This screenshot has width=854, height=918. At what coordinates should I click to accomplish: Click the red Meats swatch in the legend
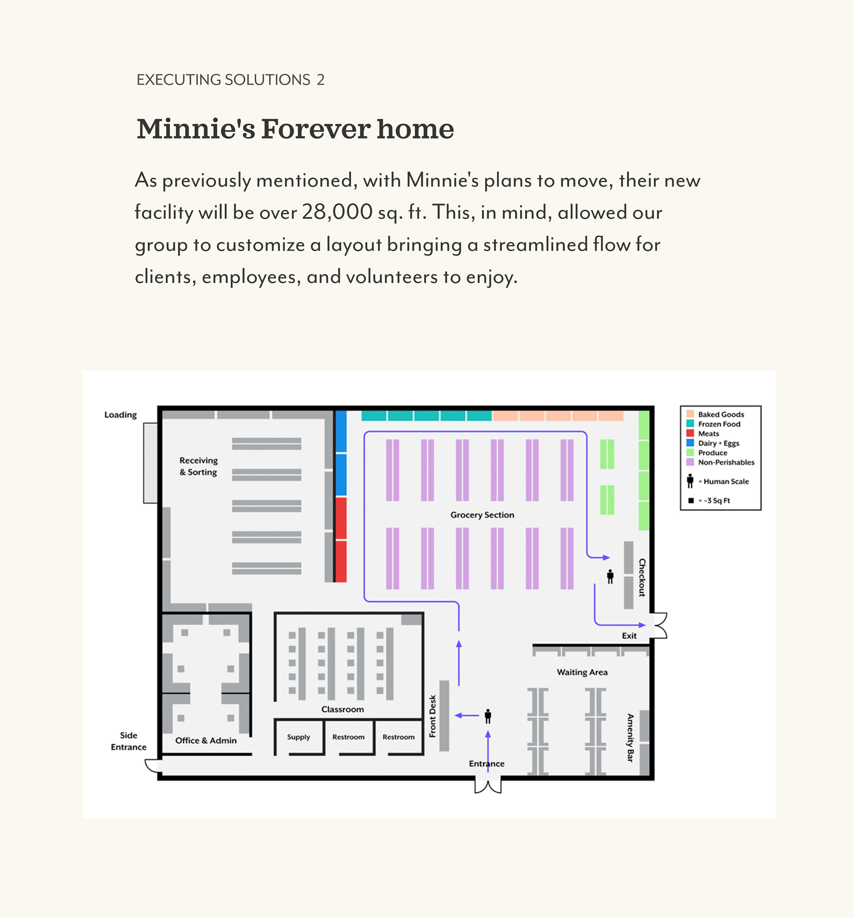pyautogui.click(x=690, y=433)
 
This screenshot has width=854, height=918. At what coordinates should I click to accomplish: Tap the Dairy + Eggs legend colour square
pyautogui.click(x=690, y=443)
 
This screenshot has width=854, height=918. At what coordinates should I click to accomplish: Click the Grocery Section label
pyautogui.click(x=482, y=515)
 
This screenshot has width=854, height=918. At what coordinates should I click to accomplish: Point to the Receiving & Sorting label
pyautogui.click(x=199, y=466)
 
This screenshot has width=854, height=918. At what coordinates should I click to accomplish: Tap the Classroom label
pyautogui.click(x=343, y=709)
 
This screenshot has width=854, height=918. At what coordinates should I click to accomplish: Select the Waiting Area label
pyautogui.click(x=582, y=672)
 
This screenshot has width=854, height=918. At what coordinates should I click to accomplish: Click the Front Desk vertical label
pyautogui.click(x=433, y=716)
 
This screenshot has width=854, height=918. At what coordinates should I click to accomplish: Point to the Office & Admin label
pyautogui.click(x=206, y=741)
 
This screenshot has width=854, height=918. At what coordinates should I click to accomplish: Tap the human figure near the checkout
pyautogui.click(x=610, y=576)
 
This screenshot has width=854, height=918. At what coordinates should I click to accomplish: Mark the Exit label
pyautogui.click(x=629, y=636)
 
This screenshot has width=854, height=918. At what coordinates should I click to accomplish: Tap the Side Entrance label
pyautogui.click(x=128, y=741)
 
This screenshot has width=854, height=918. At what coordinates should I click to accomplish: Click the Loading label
pyautogui.click(x=121, y=415)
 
